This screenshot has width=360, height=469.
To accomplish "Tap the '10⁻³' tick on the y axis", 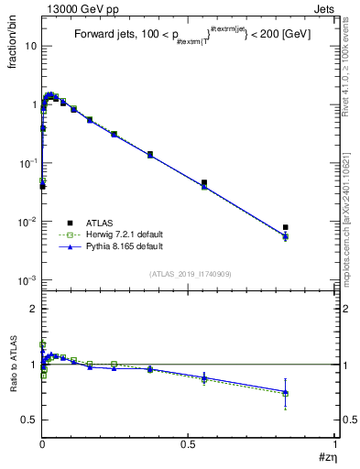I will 27,279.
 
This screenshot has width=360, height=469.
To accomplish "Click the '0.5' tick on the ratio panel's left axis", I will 29,420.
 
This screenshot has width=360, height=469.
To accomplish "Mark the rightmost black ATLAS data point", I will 286,227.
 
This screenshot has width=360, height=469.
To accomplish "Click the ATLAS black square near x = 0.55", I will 204,183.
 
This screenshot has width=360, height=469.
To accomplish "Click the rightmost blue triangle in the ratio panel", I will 286,392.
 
